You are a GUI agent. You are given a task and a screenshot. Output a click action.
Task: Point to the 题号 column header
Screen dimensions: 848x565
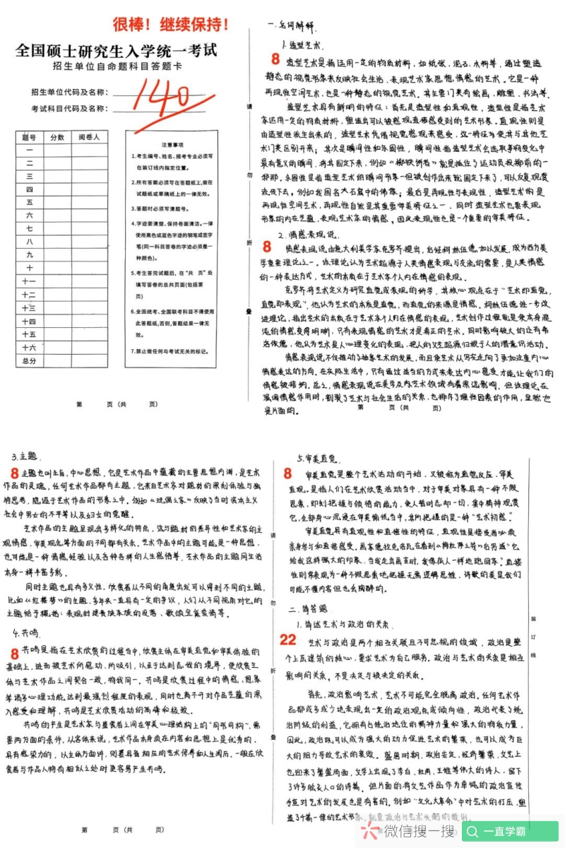(x=30, y=136)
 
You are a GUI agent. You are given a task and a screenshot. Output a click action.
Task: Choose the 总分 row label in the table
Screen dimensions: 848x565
(x=30, y=361)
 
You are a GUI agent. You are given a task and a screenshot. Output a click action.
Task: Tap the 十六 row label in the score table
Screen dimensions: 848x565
(x=30, y=348)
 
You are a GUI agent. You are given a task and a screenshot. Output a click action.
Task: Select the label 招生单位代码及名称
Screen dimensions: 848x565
(x=69, y=93)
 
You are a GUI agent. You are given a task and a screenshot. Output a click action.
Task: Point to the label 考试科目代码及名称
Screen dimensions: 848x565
(x=69, y=109)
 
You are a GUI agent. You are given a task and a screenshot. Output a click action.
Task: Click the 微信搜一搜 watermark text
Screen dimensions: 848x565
(x=409, y=832)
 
